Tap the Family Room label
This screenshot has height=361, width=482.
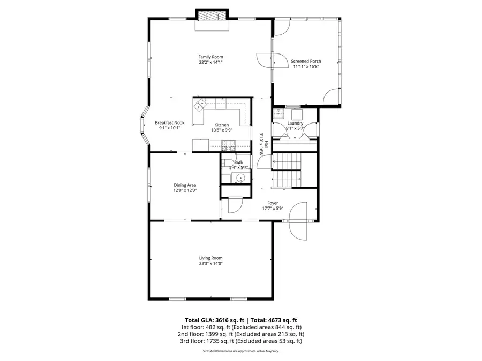click(x=210, y=57)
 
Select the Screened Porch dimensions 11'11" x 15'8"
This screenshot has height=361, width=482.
click(x=306, y=67)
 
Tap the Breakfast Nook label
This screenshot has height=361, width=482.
click(x=170, y=122)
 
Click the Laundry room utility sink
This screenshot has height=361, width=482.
click(x=278, y=113)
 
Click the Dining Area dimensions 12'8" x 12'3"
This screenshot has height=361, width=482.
click(x=184, y=190)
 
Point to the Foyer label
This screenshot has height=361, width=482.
click(x=273, y=203)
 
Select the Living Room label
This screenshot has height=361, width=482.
click(x=210, y=258)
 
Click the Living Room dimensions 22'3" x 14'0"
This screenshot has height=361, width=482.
click(x=210, y=263)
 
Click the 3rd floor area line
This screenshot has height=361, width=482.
click(x=240, y=341)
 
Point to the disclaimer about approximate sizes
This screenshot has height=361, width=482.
click(x=240, y=351)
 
